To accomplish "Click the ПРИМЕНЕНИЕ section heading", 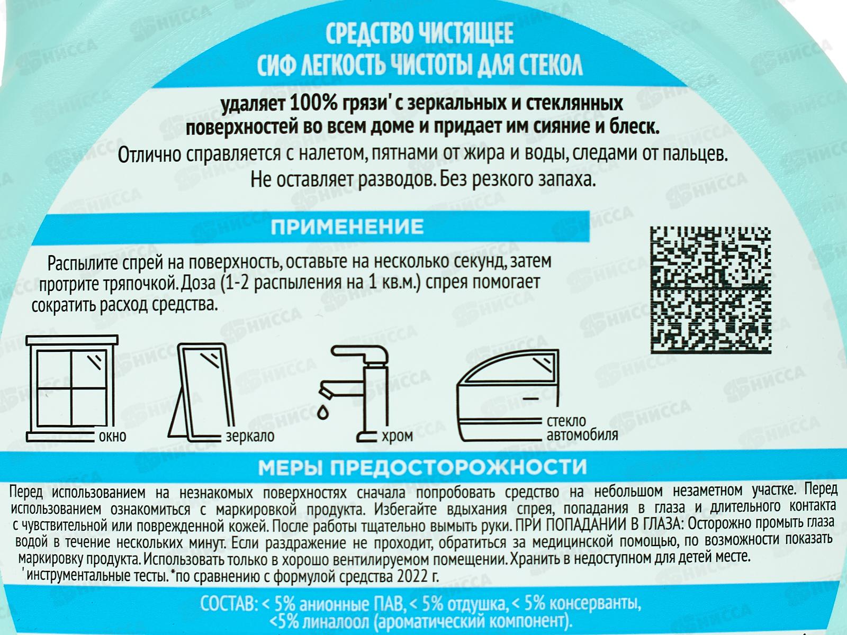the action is (347, 227).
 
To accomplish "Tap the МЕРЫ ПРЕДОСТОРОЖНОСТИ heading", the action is (422, 467).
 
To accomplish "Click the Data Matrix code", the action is (710, 291).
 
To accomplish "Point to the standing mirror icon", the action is (201, 392).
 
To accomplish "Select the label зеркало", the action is (250, 436).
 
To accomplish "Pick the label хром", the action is (398, 436).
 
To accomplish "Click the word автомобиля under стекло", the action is (582, 436).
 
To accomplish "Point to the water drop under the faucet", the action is (323, 412).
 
